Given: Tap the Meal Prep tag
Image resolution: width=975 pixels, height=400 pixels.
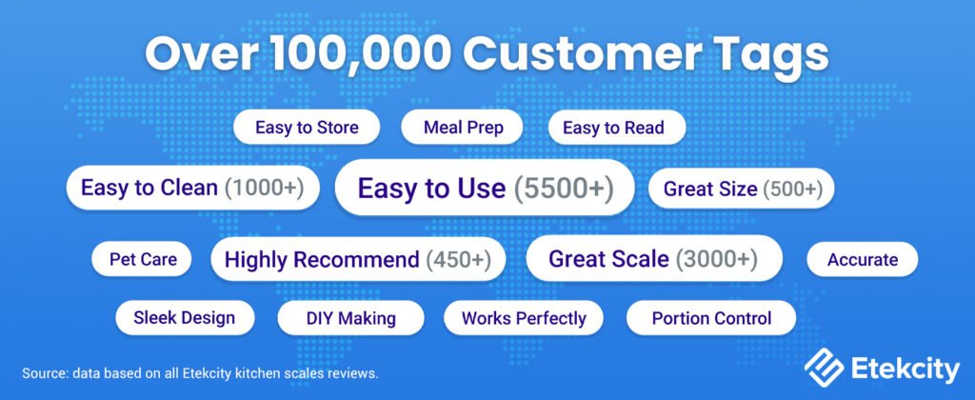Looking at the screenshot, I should point(464,128).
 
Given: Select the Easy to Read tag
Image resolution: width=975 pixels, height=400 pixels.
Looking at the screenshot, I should point(613,128).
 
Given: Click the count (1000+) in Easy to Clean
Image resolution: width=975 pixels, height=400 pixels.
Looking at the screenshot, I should point(264,188).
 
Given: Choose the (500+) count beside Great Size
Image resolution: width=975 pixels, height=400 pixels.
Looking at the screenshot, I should point(791,189).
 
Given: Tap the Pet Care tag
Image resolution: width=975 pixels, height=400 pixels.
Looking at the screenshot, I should point(142,259).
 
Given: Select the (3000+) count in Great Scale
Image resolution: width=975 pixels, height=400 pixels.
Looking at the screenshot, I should point(717,259).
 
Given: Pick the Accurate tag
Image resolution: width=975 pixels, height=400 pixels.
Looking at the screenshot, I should point(863,259).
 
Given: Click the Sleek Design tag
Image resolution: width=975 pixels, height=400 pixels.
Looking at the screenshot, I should point(184,317).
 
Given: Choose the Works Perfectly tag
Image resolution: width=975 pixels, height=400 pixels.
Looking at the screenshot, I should point(524,317).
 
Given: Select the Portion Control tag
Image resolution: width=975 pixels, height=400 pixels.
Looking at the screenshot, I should point(711,317).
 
